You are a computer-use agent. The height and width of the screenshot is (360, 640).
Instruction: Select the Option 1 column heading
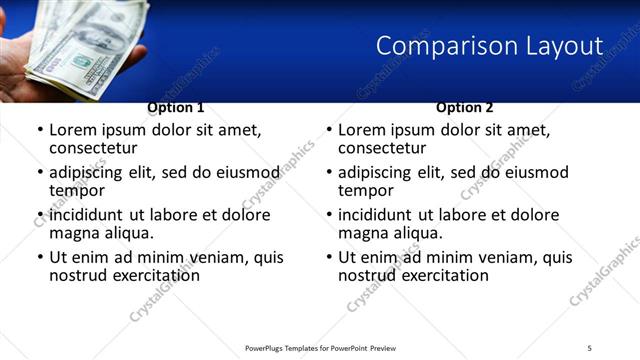pos(176,107)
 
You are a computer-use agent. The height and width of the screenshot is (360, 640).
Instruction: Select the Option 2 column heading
pos(464,107)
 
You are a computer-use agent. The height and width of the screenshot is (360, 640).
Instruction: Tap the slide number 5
pos(590,347)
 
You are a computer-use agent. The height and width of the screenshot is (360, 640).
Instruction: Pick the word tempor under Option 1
pos(77,190)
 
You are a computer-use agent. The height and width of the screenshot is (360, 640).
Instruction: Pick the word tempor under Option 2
pos(366,190)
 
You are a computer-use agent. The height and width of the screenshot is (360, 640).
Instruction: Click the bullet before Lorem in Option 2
pos(329,130)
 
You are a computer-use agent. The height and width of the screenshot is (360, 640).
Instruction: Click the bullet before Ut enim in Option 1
pos(40,257)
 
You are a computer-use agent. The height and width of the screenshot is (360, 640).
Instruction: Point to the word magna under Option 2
pos(362,233)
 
